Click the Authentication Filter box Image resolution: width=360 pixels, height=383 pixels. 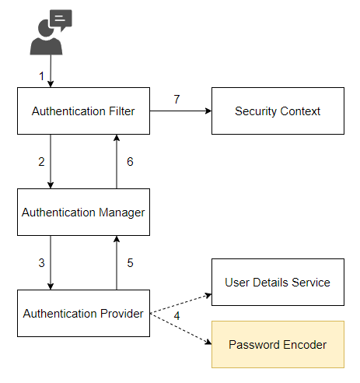83,111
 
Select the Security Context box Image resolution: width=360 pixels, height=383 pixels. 278,111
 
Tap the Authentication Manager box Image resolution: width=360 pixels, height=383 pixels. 83,212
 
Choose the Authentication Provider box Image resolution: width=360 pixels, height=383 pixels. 83,314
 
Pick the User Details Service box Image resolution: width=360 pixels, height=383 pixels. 278,282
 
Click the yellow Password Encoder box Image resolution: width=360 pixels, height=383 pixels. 278,344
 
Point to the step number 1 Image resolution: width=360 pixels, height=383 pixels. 42,76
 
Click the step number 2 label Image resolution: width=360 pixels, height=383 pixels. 41,161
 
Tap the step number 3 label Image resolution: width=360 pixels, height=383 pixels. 41,263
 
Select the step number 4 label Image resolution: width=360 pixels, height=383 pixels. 177,317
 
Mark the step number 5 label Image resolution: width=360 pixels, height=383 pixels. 130,263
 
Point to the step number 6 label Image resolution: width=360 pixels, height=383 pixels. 130,161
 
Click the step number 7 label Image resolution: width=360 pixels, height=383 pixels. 177,100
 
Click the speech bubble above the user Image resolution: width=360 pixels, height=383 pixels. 60,19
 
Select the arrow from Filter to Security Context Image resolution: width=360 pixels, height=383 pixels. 180,111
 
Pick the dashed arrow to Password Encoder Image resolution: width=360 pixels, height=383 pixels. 180,329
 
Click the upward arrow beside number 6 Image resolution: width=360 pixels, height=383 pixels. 117,161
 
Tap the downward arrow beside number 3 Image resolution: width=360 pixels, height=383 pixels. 51,263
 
